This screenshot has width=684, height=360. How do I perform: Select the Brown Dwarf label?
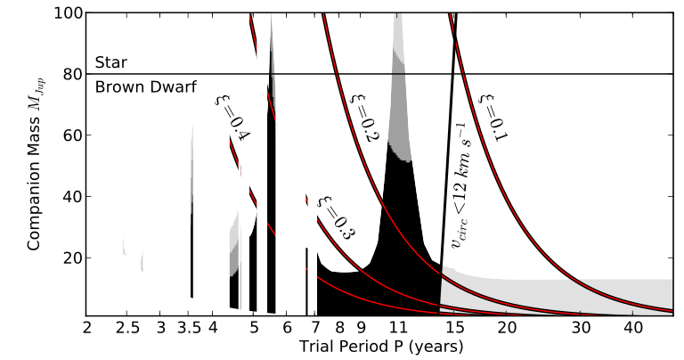pos(145,86)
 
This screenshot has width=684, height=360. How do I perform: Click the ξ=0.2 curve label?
pos(362,117)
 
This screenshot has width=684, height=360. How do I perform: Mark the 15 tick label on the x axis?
pos(454,327)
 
